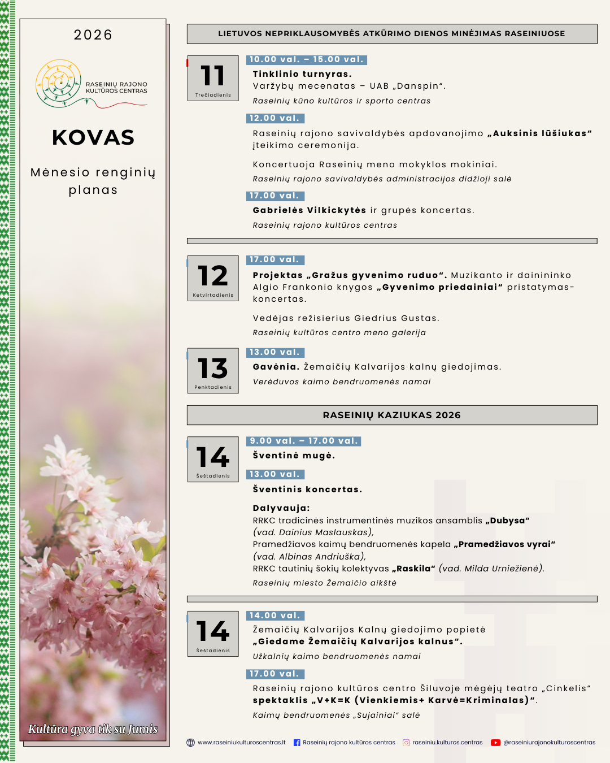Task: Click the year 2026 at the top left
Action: pyautogui.click(x=93, y=35)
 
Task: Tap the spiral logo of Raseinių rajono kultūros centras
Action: pyautogui.click(x=58, y=84)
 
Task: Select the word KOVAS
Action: pyautogui.click(x=93, y=137)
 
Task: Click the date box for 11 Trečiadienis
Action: pyautogui.click(x=213, y=78)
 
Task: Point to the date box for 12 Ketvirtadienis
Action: pyautogui.click(x=213, y=278)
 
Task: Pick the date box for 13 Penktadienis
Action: pyautogui.click(x=213, y=371)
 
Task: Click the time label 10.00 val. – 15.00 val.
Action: pyautogui.click(x=307, y=59)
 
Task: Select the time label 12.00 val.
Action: pyautogui.click(x=275, y=118)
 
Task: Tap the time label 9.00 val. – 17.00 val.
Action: pyautogui.click(x=304, y=441)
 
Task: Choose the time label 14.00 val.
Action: pyautogui.click(x=275, y=615)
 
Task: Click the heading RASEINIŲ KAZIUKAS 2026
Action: pyautogui.click(x=392, y=415)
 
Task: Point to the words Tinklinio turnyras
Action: pyautogui.click(x=302, y=74)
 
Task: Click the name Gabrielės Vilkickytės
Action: pyautogui.click(x=310, y=210)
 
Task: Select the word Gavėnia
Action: pyautogui.click(x=276, y=367)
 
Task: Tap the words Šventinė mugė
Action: pyautogui.click(x=294, y=456)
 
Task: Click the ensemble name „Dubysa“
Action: pyautogui.click(x=507, y=521)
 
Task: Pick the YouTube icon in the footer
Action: pyautogui.click(x=495, y=743)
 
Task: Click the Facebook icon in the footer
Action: pyautogui.click(x=297, y=743)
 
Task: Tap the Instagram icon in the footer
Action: pyautogui.click(x=406, y=743)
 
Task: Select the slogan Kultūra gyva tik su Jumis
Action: pyautogui.click(x=93, y=729)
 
